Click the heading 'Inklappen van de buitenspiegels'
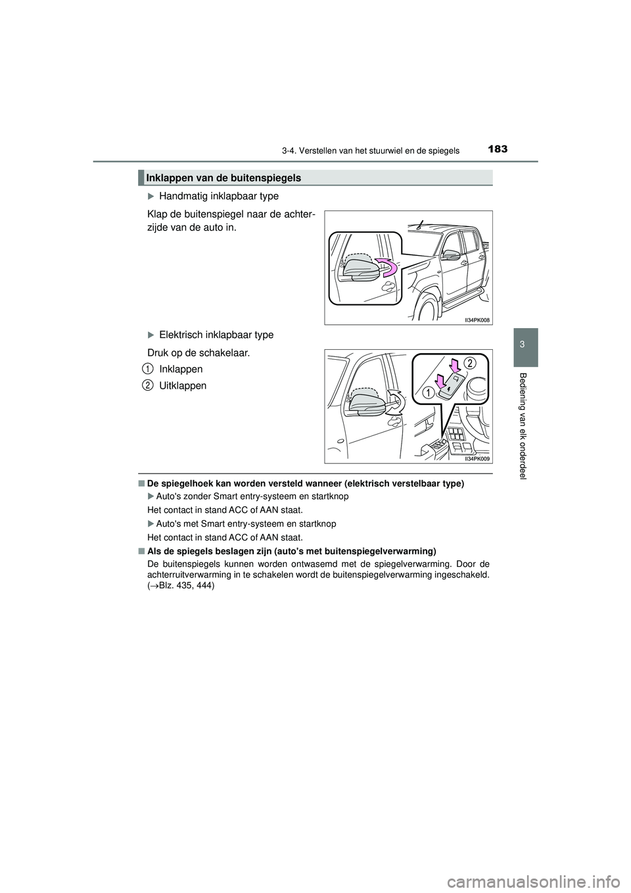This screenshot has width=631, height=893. click(x=223, y=178)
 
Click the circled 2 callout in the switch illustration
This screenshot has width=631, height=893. click(x=469, y=363)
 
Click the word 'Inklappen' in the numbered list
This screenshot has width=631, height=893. click(x=181, y=369)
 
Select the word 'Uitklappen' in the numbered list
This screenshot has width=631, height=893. click(x=183, y=386)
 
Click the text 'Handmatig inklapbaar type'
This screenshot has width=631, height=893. click(x=218, y=196)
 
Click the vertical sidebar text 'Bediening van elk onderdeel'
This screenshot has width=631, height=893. click(x=524, y=425)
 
